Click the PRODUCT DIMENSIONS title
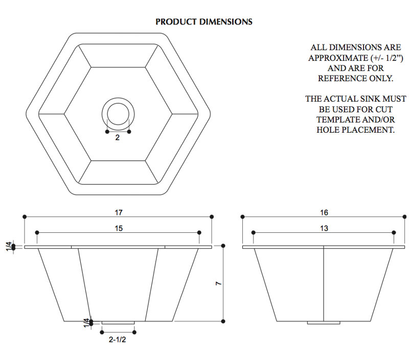pyautogui.click(x=203, y=21)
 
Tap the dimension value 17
pyautogui.click(x=119, y=212)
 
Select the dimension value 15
pyautogui.click(x=119, y=228)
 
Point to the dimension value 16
pyautogui.click(x=324, y=212)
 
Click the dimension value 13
pyautogui.click(x=324, y=228)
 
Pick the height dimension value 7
pyautogui.click(x=219, y=283)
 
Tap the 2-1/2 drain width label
pyautogui.click(x=118, y=340)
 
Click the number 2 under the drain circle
pyautogui.click(x=118, y=137)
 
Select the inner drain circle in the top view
pyautogui.click(x=118, y=103)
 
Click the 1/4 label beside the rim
pyautogui.click(x=9, y=246)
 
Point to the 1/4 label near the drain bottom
pyautogui.click(x=86, y=323)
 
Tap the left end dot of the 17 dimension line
pyautogui.click(x=25, y=217)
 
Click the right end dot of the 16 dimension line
pyautogui.click(x=404, y=217)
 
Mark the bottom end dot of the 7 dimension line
pyautogui.click(x=223, y=321)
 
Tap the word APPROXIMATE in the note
pyautogui.click(x=338, y=58)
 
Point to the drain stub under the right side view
pyautogui.click(x=324, y=323)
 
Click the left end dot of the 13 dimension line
pyautogui.click(x=253, y=232)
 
